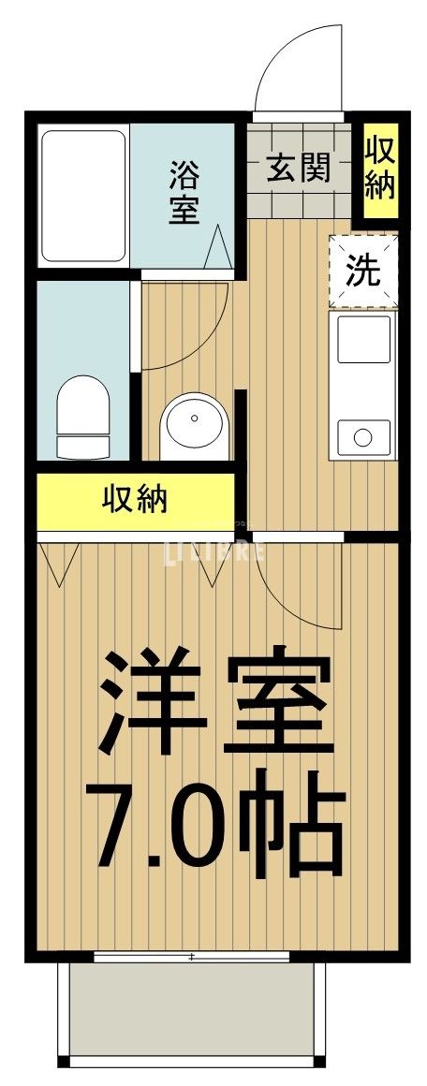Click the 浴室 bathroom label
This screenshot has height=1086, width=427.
click(184, 192)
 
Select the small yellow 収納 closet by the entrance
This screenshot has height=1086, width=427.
click(379, 168)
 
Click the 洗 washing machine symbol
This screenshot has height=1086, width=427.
click(364, 271)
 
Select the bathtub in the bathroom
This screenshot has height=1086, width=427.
click(83, 197)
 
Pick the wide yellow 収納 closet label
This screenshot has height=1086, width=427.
click(135, 500)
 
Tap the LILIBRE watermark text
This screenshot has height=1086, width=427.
click(214, 551)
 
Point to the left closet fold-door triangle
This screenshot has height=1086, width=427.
click(62, 562)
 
